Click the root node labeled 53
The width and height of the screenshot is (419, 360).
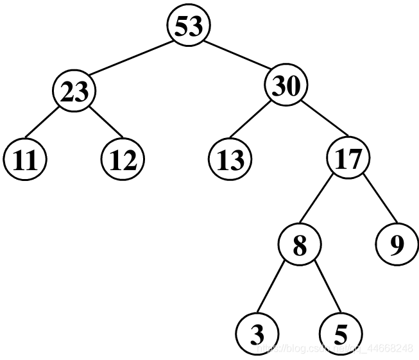pos(189,26)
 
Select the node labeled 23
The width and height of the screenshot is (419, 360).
pos(74,93)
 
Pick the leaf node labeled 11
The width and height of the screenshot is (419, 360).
pos(24,159)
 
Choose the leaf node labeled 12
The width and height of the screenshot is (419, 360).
pos(123,159)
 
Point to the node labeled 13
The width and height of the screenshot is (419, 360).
pos(230,159)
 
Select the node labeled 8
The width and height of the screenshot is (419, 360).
pos(299,246)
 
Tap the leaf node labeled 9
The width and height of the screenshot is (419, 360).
pos(397,246)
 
